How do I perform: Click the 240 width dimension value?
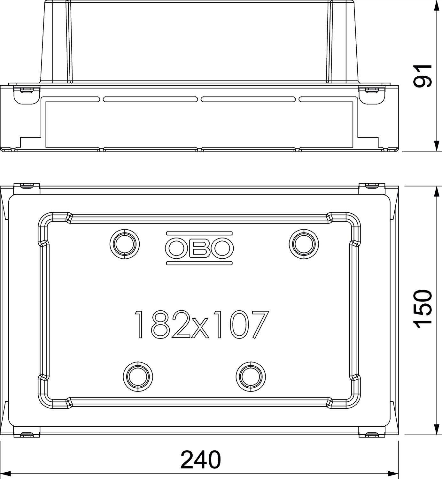click(200, 460)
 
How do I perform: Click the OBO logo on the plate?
click(199, 248)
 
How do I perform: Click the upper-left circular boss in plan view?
click(125, 244)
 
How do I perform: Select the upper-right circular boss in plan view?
click(304, 244)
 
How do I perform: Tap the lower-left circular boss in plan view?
click(138, 376)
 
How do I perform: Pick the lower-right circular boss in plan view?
click(251, 376)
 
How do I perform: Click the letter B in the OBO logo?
click(199, 248)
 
